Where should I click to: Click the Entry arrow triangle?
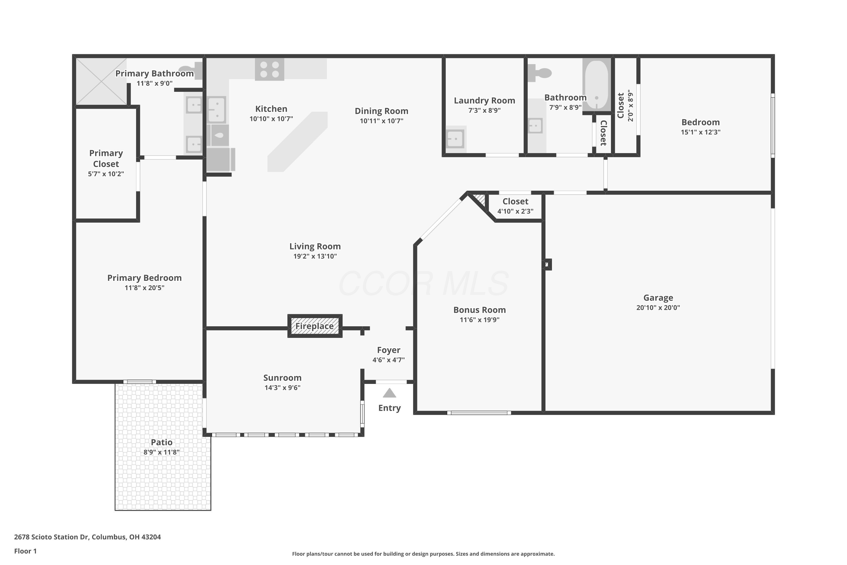pyautogui.click(x=389, y=393)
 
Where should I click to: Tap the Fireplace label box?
pyautogui.click(x=315, y=326)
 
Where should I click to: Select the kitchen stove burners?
pyautogui.click(x=269, y=69)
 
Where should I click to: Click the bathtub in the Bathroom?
pyautogui.click(x=597, y=85)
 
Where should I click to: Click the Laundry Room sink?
pyautogui.click(x=455, y=139)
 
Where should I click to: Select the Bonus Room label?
pyautogui.click(x=479, y=310)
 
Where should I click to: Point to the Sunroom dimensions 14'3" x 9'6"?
pyautogui.click(x=282, y=388)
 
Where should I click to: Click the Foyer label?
pyautogui.click(x=388, y=350)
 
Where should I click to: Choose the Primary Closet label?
pyautogui.click(x=106, y=158)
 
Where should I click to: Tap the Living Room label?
pyautogui.click(x=315, y=246)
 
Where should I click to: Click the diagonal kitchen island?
pyautogui.click(x=298, y=142)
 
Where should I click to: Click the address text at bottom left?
pyautogui.click(x=88, y=537)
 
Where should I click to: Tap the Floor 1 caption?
pyautogui.click(x=25, y=551)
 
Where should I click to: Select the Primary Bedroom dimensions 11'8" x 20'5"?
pyautogui.click(x=144, y=288)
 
